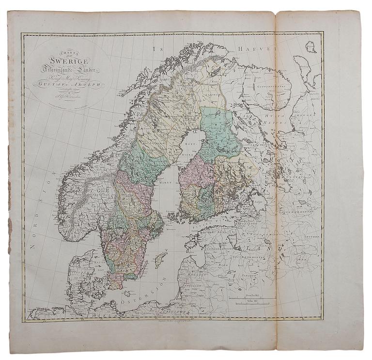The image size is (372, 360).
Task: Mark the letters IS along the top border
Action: pos(156,49)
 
